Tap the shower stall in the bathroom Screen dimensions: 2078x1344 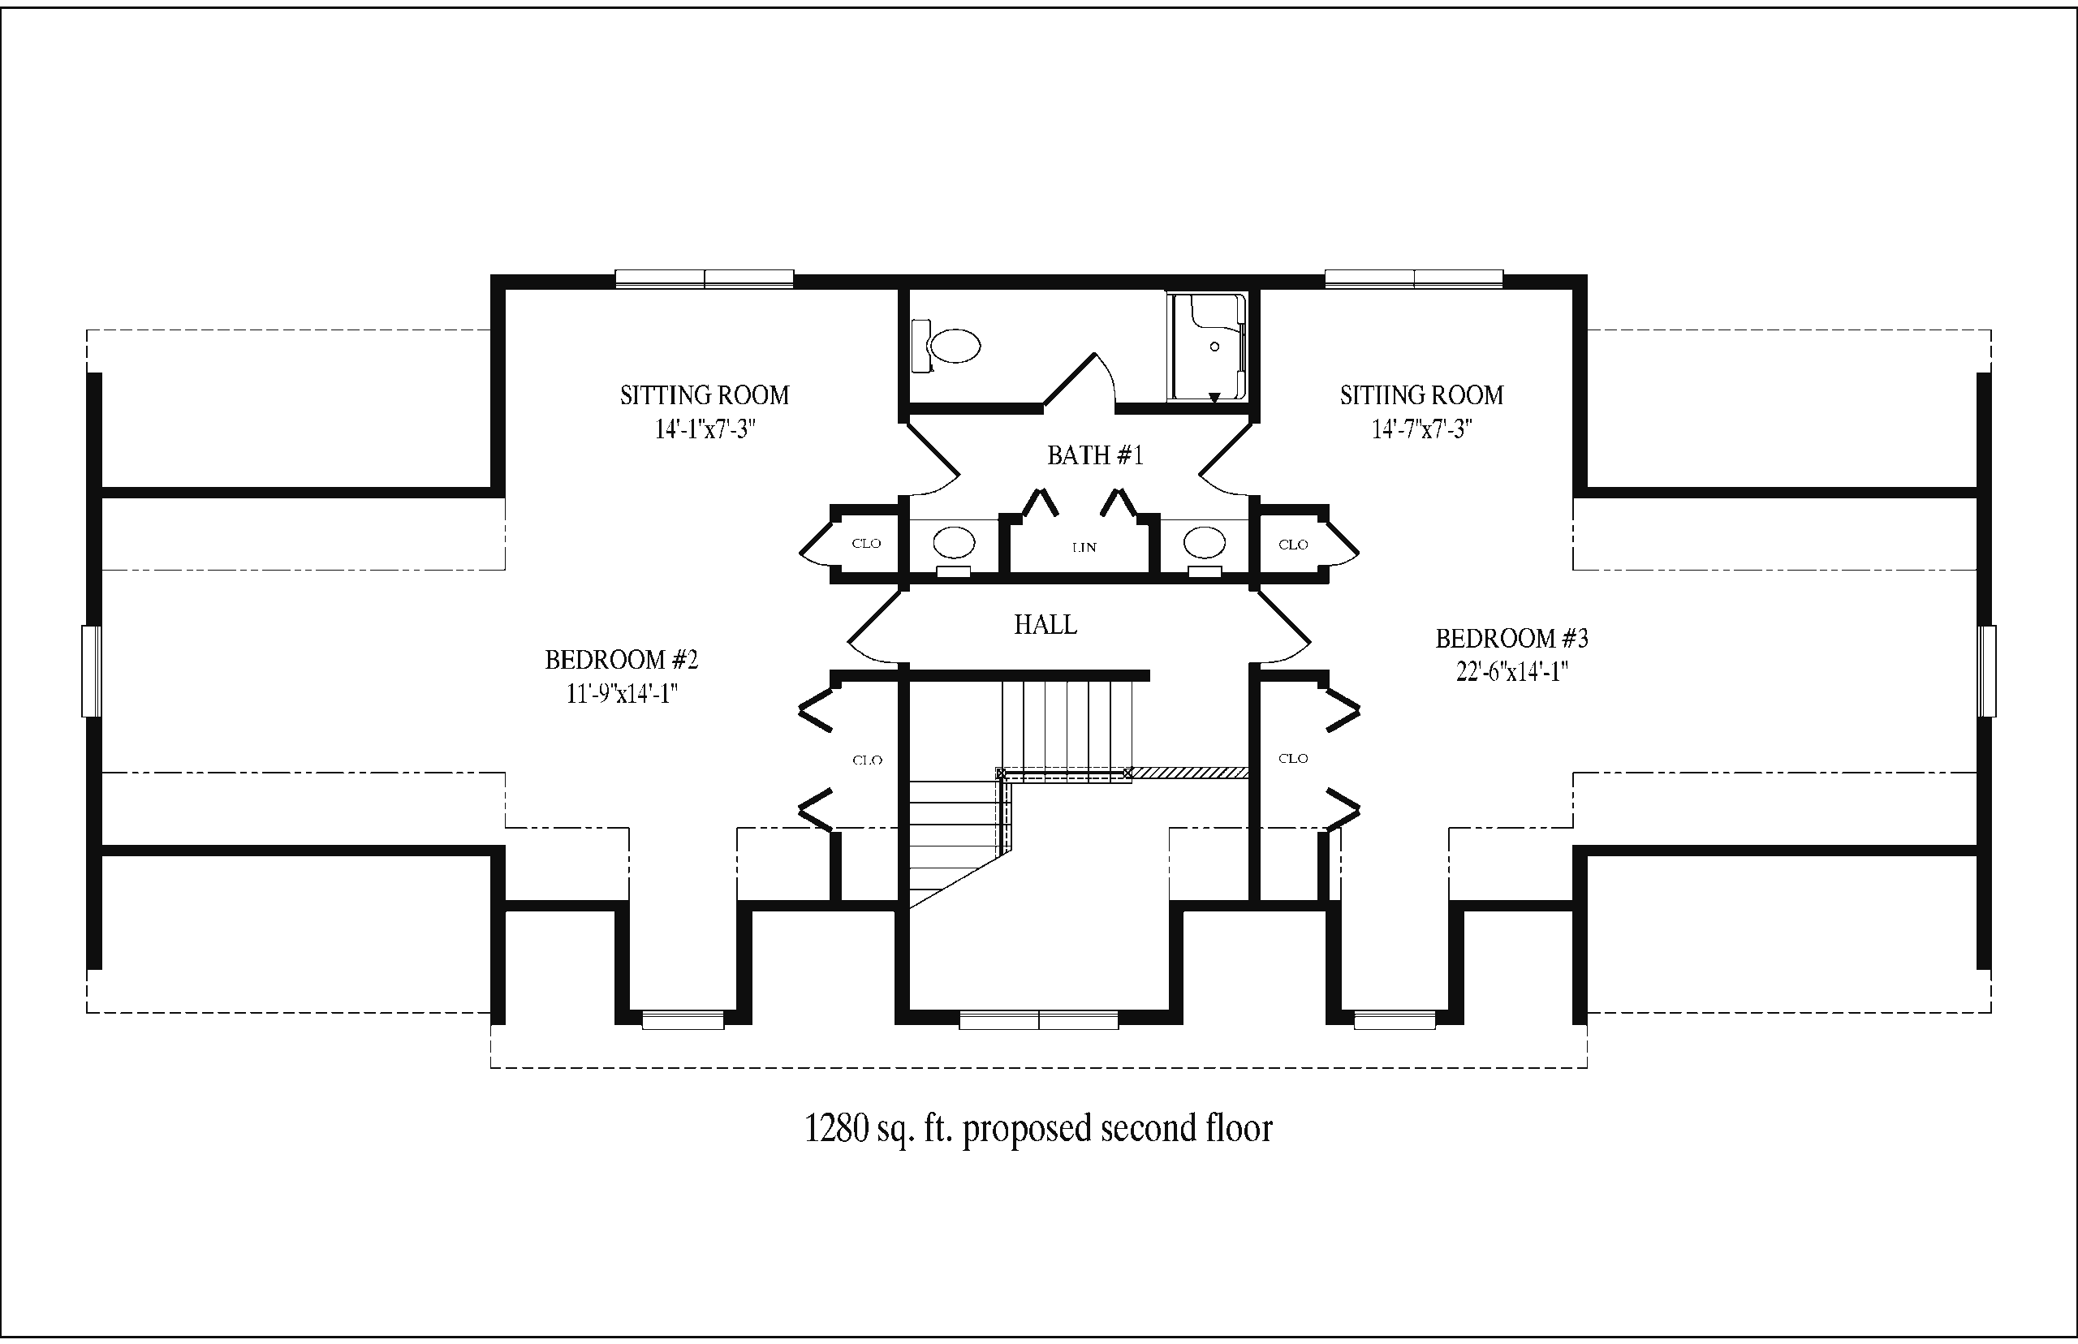[x=1207, y=347]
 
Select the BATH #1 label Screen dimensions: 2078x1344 [x=1094, y=454]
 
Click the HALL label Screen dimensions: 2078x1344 [x=1045, y=624]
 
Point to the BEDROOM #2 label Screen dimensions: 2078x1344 [x=622, y=660]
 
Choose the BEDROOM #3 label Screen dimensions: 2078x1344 [x=1511, y=639]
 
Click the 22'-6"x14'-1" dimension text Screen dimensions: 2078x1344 [x=1511, y=672]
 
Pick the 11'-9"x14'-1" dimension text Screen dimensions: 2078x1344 [x=622, y=693]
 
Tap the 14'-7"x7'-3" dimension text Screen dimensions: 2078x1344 [x=1421, y=429]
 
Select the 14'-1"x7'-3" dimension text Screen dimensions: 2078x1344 [x=705, y=429]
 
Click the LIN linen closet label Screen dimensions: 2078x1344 [x=1084, y=548]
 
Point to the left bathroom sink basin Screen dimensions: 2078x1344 [x=953, y=542]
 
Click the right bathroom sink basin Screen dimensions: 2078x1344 [x=1205, y=542]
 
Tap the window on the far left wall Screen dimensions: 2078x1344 [x=92, y=671]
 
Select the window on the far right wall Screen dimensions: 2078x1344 [x=1987, y=671]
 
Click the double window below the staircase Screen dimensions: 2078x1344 [x=1038, y=1019]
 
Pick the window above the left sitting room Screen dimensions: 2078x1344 [x=705, y=278]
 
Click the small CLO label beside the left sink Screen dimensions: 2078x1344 [x=866, y=544]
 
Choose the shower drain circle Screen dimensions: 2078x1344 [x=1214, y=347]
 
